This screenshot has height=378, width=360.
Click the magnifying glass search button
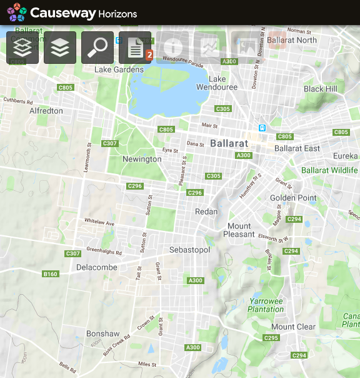[97, 48]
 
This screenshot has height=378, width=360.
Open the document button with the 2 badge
[135, 48]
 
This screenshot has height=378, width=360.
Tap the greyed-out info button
[172, 48]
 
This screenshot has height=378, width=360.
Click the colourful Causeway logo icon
[17, 12]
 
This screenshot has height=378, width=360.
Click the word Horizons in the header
[117, 13]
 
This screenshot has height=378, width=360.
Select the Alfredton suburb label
[46, 111]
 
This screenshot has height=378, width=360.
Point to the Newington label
[142, 159]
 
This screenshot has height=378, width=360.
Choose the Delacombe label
[96, 267]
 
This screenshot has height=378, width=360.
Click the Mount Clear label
[293, 327]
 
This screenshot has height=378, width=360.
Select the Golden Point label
[293, 198]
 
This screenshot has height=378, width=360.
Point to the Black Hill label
[320, 89]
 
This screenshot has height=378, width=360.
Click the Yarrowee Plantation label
[266, 305]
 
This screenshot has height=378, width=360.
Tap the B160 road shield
[50, 274]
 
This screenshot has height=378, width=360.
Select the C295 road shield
[271, 338]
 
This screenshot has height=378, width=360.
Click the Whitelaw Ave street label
[99, 223]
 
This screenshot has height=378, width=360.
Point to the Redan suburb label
[206, 212]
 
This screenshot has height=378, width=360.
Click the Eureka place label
[345, 156]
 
